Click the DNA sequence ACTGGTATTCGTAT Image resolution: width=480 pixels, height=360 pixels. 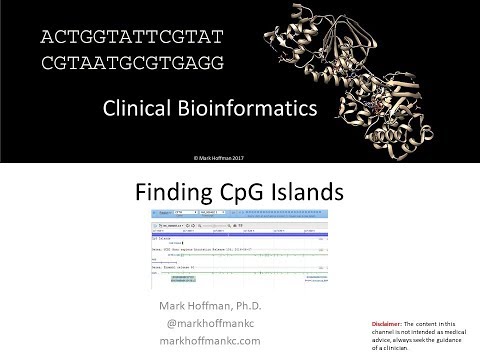click(128, 38)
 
